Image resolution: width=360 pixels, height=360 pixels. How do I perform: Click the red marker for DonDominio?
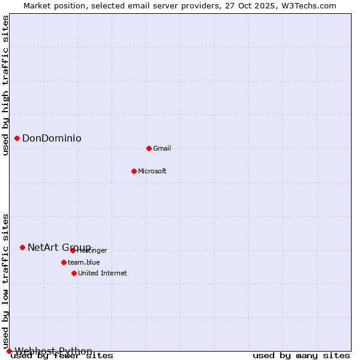(x=17, y=139)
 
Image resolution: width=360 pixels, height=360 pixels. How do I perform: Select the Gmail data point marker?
(x=149, y=148)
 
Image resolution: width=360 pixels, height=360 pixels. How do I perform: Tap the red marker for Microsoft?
(x=134, y=171)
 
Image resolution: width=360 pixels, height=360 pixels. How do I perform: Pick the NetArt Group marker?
(x=22, y=247)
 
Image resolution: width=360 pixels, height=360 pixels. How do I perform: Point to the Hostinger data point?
(x=73, y=250)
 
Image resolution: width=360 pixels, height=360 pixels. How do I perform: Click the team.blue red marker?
(x=64, y=262)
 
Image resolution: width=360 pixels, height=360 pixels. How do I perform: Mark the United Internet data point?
(x=74, y=273)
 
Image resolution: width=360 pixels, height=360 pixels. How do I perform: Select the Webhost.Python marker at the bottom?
(x=9, y=351)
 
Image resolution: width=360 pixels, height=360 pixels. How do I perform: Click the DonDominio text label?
(x=52, y=139)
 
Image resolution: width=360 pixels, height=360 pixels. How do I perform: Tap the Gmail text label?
(x=162, y=148)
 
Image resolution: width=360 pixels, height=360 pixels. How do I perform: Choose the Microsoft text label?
(x=152, y=171)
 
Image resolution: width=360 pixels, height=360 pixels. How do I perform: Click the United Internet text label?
(x=103, y=273)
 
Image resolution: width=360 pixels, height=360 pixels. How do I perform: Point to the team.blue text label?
(x=84, y=262)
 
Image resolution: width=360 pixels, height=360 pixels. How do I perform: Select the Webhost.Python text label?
(x=53, y=351)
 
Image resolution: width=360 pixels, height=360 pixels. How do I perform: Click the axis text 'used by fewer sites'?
(x=62, y=356)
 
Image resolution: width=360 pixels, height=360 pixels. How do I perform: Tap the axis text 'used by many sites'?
(x=301, y=356)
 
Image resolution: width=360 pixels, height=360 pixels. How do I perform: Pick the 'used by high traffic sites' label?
(x=5, y=85)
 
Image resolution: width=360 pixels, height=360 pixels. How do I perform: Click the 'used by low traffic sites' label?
(x=5, y=281)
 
